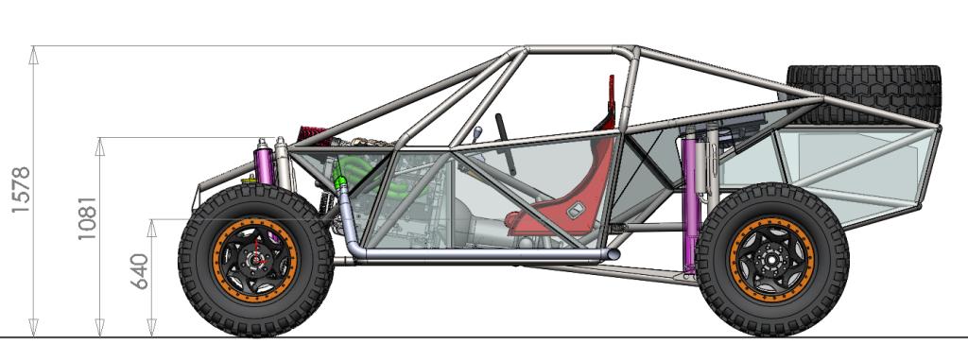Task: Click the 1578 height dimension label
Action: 21,189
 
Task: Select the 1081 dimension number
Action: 87,218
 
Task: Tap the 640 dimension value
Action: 140,271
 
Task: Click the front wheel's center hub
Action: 255,260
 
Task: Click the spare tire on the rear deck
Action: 864,94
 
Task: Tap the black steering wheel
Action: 505,143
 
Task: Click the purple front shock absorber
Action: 265,162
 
